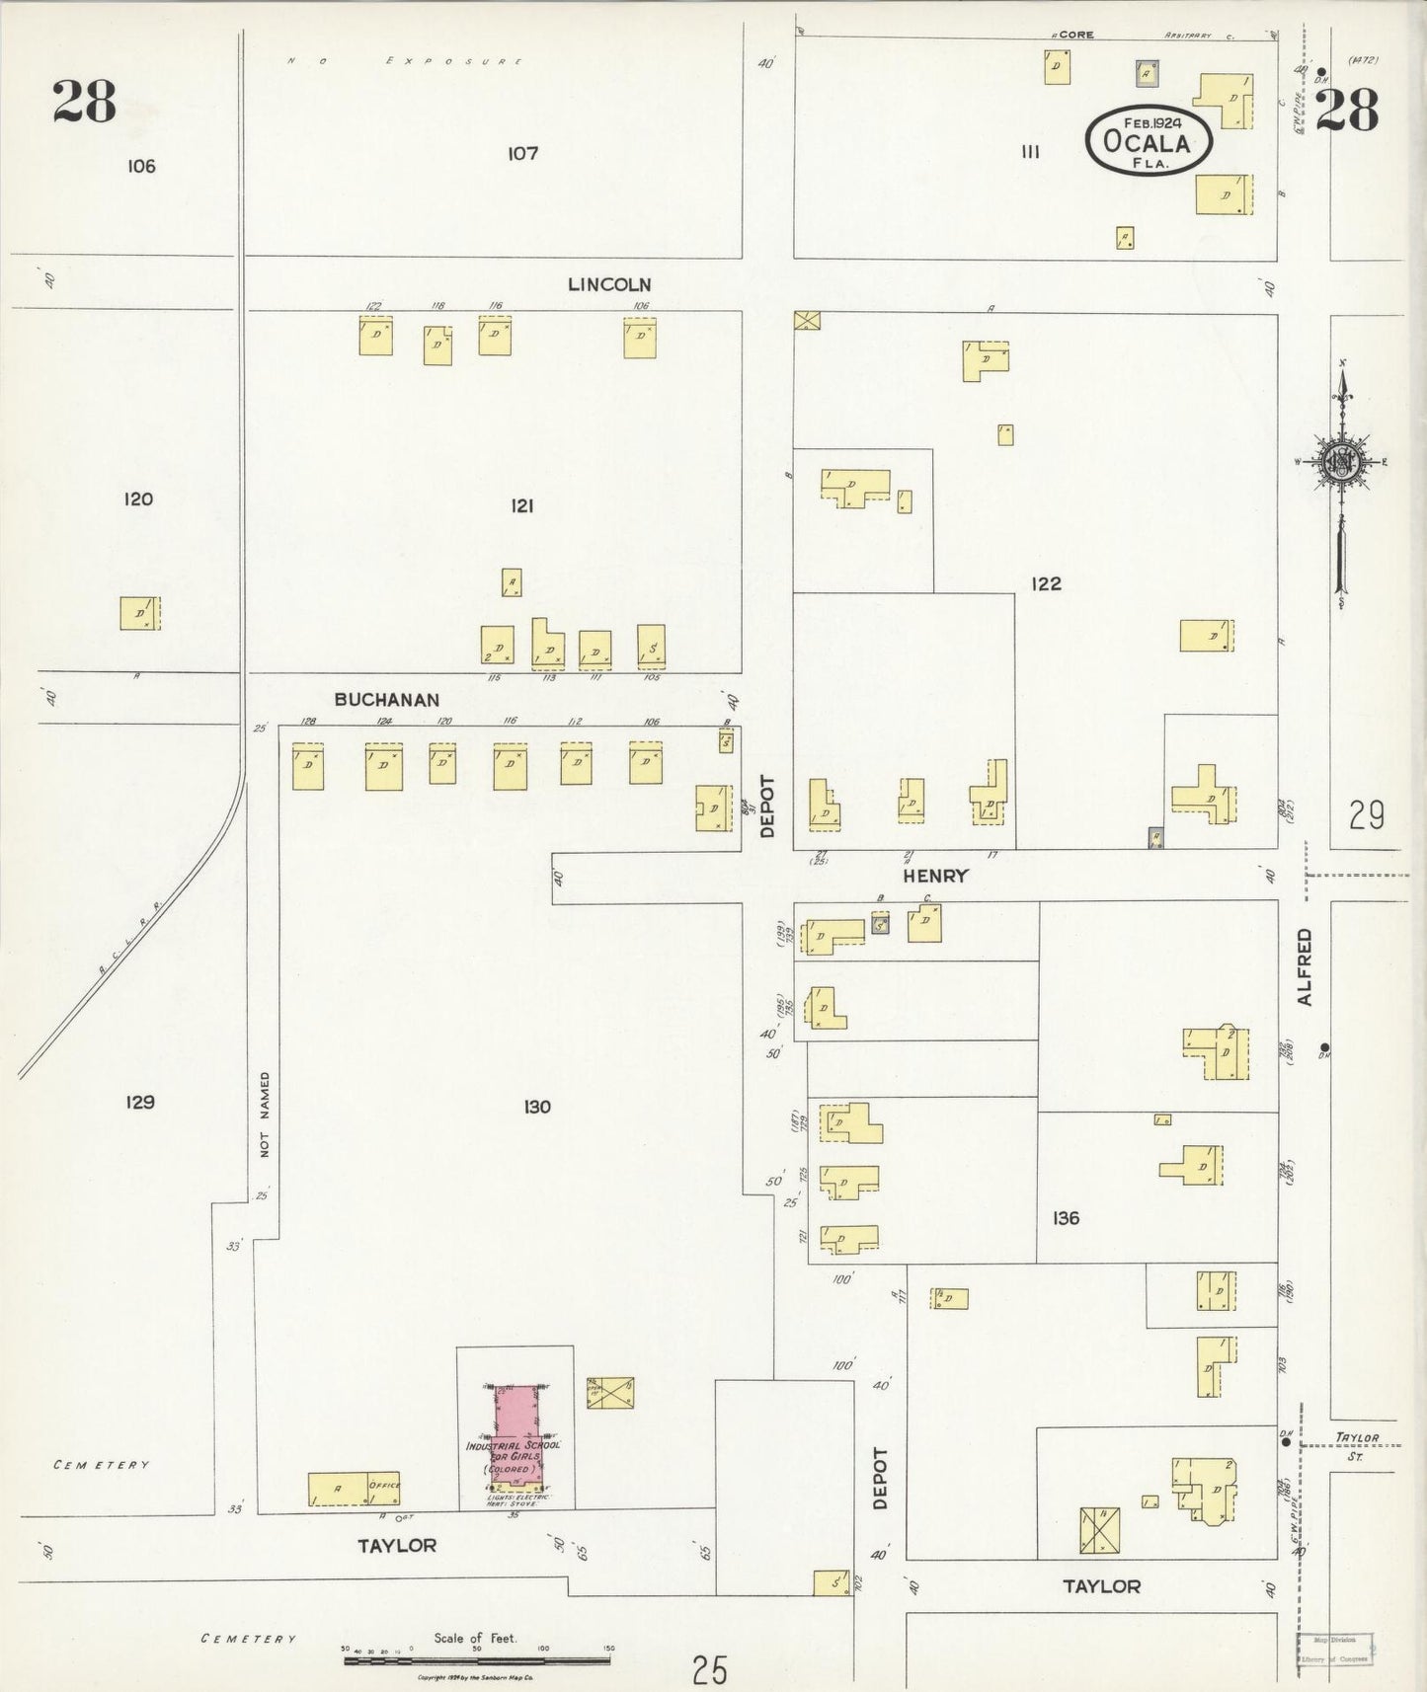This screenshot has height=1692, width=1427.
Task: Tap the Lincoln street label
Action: [x=609, y=284]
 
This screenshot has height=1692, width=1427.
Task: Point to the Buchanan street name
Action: [x=386, y=700]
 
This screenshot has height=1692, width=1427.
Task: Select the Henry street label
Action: [x=934, y=876]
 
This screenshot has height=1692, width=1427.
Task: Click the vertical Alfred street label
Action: [x=1306, y=966]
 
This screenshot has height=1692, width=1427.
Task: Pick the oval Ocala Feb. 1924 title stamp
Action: [x=1150, y=141]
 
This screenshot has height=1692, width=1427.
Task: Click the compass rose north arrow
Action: [x=1343, y=461]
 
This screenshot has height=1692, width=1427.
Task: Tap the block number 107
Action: [x=522, y=153]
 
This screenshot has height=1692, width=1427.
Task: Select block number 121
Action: [x=522, y=505]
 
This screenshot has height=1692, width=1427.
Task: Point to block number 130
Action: [x=537, y=1107]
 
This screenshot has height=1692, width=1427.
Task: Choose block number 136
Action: [x=1066, y=1218]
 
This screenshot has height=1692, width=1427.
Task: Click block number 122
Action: [x=1046, y=583]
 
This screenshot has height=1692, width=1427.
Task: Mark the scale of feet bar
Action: [x=477, y=1660]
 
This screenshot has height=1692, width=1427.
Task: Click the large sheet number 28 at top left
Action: [x=85, y=102]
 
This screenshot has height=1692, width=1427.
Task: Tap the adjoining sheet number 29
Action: [x=1366, y=815]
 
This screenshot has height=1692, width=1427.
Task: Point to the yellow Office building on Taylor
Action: [x=354, y=1489]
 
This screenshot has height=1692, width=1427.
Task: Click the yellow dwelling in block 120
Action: [x=140, y=613]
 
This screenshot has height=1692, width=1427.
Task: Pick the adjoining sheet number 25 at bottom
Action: [x=709, y=1670]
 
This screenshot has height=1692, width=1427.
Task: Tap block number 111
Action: [x=1031, y=152]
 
